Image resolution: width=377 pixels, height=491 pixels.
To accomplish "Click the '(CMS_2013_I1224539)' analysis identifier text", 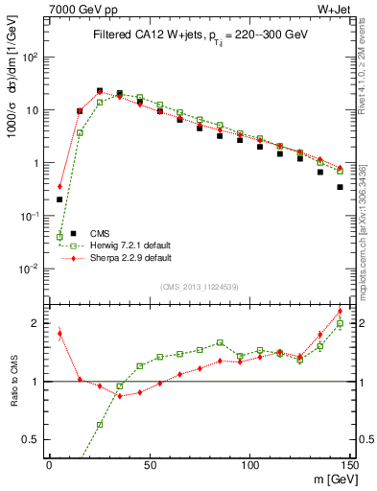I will click(199, 285).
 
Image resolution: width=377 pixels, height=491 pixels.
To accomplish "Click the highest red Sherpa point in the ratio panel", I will click(340, 311).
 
